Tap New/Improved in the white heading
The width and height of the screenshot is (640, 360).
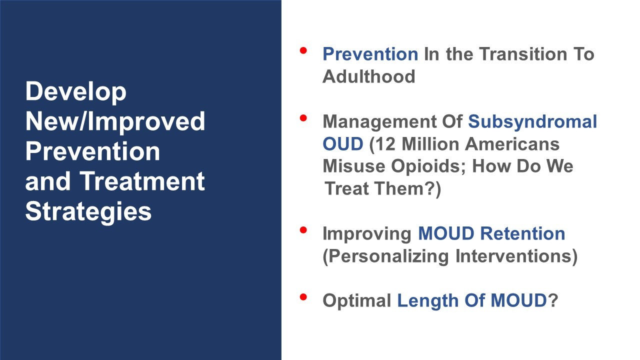[x=115, y=122]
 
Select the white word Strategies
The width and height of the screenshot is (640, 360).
[x=88, y=212]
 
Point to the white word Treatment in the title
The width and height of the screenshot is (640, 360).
[x=142, y=181]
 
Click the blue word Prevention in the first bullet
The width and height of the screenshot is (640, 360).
[x=370, y=54]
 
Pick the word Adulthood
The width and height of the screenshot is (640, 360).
[x=368, y=76]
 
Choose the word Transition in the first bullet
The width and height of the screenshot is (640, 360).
[x=523, y=54]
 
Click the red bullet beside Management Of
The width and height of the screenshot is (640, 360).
[x=303, y=118]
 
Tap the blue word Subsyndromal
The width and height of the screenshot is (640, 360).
[x=532, y=122]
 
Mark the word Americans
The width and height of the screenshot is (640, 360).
[x=512, y=144]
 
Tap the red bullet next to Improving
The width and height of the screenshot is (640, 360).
[x=303, y=230]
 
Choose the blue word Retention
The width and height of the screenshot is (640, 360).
[x=522, y=233]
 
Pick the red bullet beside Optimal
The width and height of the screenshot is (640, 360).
[x=303, y=297]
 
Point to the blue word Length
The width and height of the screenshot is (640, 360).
[x=427, y=301]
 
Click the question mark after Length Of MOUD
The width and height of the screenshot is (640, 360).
[x=553, y=300]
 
